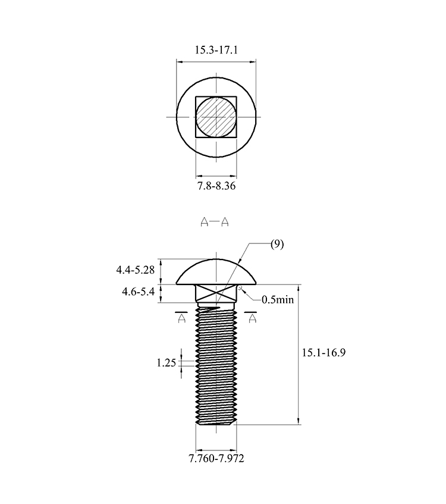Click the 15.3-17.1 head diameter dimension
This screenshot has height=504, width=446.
click(x=216, y=50)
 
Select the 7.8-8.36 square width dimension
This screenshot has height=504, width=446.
click(x=216, y=186)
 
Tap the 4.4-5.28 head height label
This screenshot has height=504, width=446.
click(x=135, y=270)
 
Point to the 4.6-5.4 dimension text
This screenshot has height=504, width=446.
click(x=138, y=292)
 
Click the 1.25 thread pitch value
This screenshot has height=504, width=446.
click(x=167, y=363)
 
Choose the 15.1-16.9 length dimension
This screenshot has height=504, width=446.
click(x=323, y=353)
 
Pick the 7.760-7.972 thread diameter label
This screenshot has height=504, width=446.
click(x=216, y=458)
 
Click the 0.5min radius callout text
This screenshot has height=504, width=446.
click(x=278, y=299)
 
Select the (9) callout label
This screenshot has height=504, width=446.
click(x=277, y=245)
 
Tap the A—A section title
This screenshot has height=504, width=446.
click(x=215, y=222)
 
